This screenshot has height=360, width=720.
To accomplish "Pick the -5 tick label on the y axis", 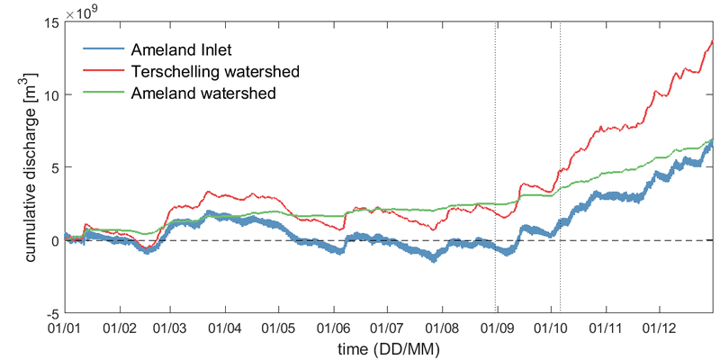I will click(x=54, y=313).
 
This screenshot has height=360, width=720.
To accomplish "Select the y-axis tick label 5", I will click(x=56, y=167).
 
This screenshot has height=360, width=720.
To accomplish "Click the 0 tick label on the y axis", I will click(x=56, y=240).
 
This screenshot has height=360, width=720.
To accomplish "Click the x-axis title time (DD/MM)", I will click(x=389, y=346).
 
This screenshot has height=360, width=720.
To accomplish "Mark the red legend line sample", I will click(x=103, y=71).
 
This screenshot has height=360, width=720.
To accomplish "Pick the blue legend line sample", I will click(x=103, y=49).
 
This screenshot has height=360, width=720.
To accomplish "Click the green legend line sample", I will click(x=103, y=93).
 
